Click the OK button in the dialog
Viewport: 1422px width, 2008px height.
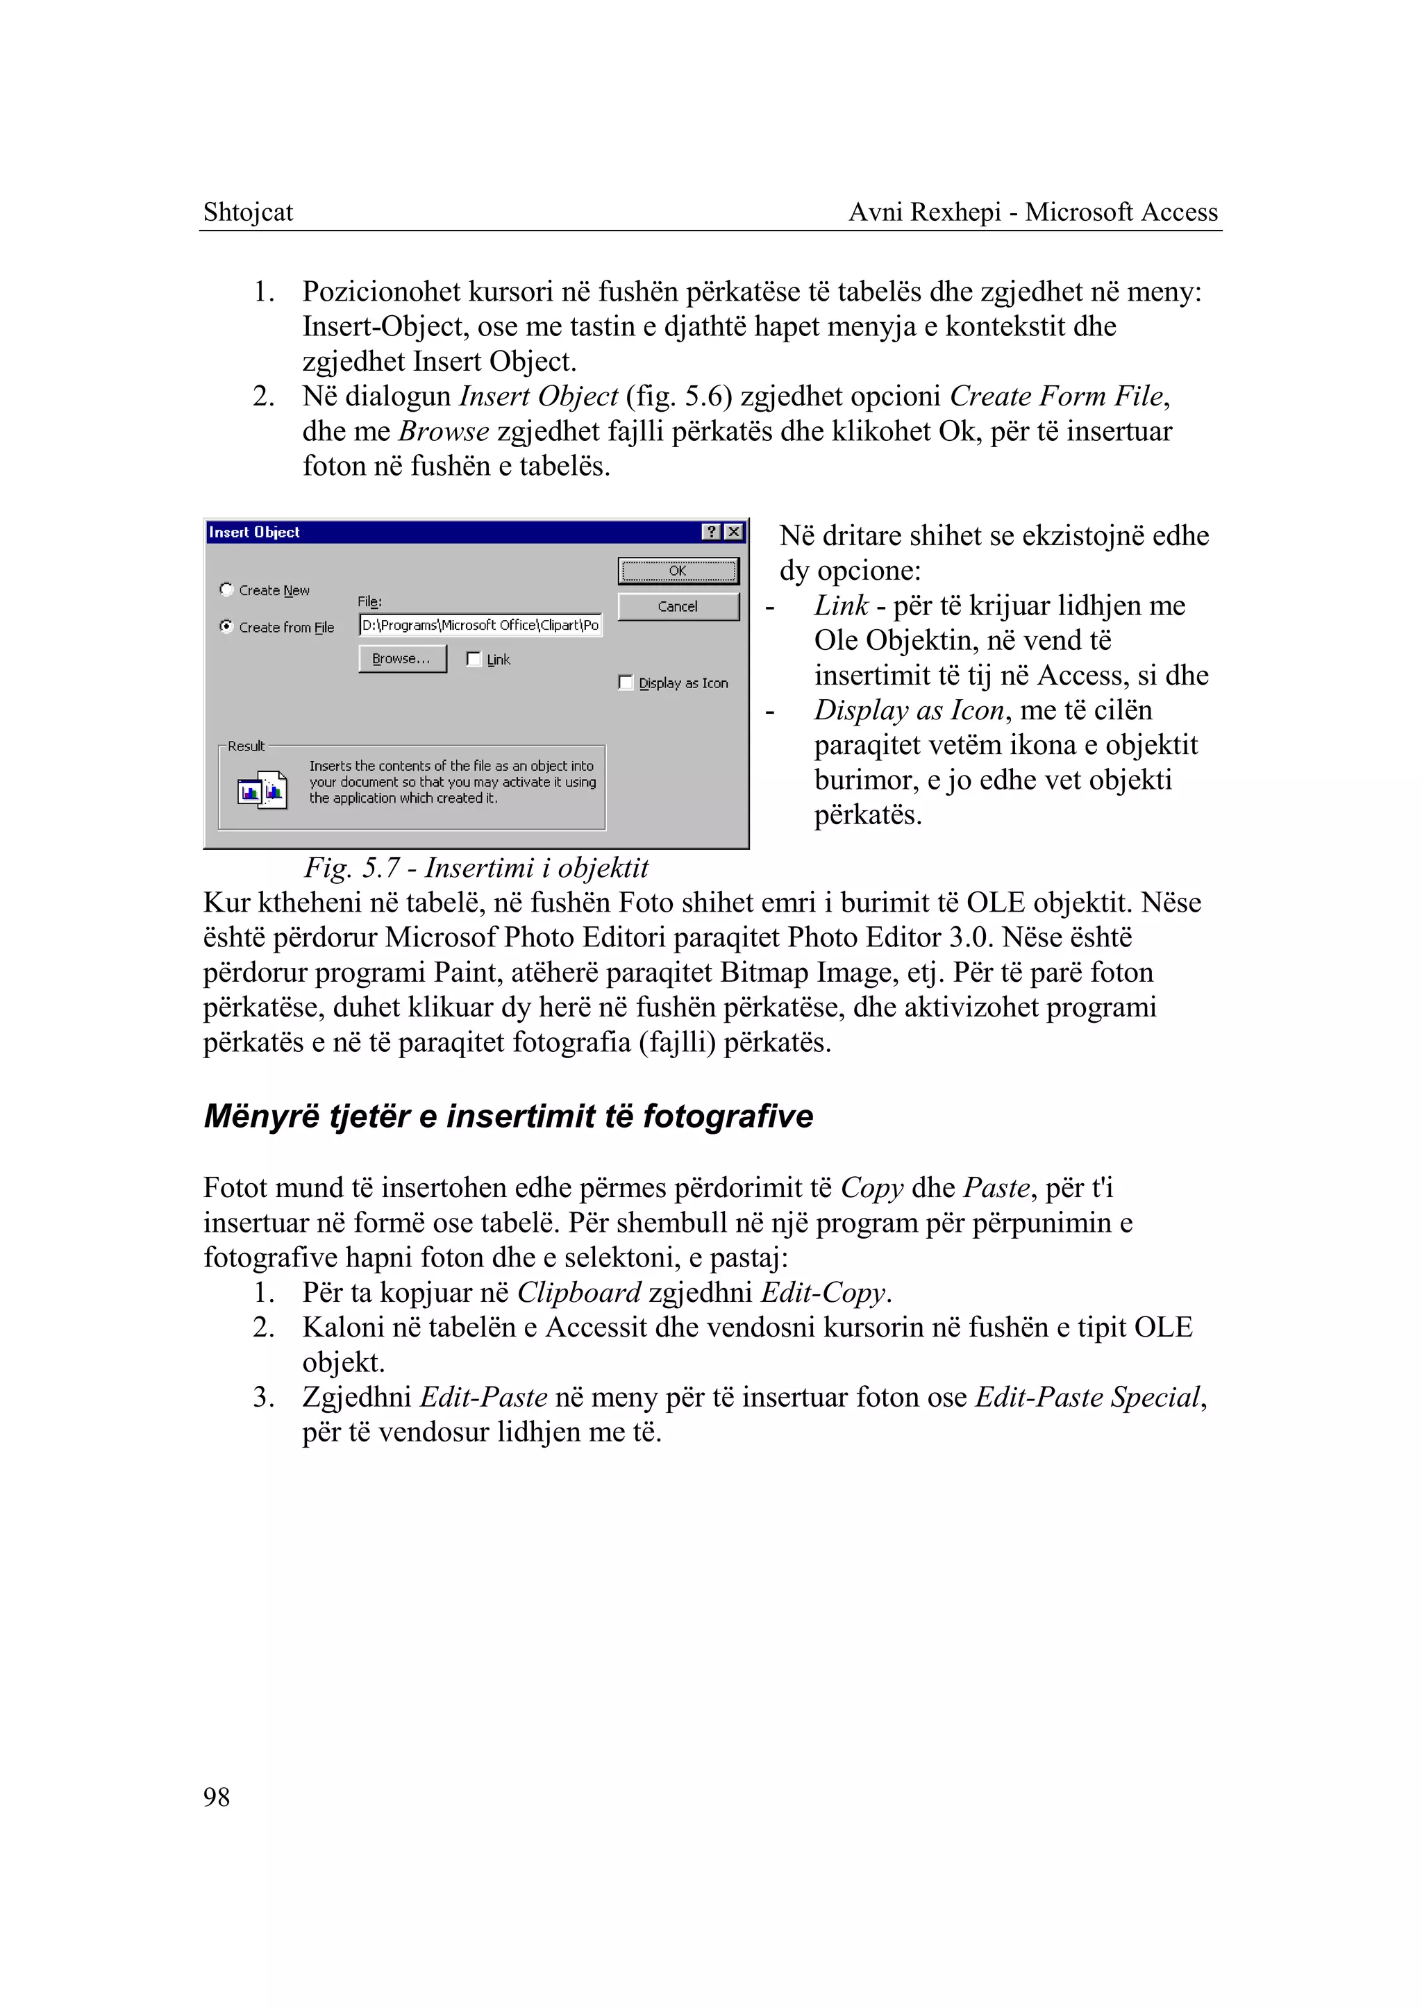[678, 571]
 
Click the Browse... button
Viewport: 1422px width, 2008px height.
[402, 658]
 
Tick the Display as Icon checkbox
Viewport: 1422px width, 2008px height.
[625, 682]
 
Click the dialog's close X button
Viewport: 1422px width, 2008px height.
[734, 532]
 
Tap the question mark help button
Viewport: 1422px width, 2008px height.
[712, 532]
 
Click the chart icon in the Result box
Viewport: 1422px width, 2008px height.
[262, 791]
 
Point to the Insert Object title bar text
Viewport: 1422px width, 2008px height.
[254, 532]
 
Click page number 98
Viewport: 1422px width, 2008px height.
[216, 1797]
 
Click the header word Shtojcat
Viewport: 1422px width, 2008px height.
[248, 212]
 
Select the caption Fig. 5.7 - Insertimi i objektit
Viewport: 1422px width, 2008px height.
[476, 867]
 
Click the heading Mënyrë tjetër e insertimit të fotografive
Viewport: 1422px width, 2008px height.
[508, 1116]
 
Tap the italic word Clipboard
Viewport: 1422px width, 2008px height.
[579, 1293]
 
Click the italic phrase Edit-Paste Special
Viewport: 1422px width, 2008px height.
[1087, 1397]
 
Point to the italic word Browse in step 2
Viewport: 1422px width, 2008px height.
[443, 431]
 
